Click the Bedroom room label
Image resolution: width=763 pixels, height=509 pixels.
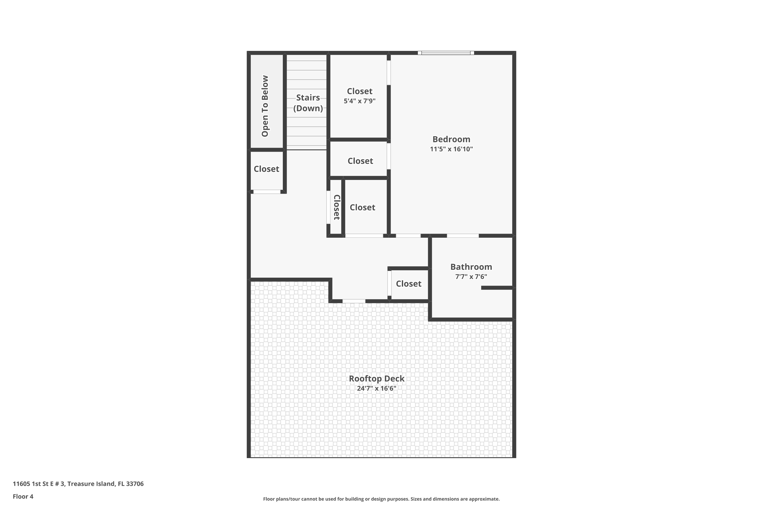[451, 139]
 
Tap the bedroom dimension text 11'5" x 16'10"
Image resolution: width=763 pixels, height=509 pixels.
[451, 149]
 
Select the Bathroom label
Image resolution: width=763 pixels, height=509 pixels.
[471, 267]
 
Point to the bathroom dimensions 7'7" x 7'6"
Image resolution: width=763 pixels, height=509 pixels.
[471, 277]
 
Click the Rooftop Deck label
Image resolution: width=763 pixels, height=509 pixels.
[376, 378]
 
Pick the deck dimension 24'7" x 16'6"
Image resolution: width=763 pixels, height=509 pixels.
[376, 388]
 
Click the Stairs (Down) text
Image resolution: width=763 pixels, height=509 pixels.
[308, 103]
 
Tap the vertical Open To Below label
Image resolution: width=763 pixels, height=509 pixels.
[265, 106]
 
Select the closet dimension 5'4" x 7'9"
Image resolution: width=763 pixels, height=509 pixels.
[359, 101]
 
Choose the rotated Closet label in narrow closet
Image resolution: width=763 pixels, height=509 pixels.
[337, 207]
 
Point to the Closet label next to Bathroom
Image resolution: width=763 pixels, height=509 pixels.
[408, 284]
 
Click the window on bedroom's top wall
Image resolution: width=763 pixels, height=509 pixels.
[446, 53]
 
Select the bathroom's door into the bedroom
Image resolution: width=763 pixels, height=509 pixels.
[463, 236]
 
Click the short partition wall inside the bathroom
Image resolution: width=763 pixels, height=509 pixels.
[496, 288]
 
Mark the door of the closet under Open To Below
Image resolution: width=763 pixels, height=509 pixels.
[267, 192]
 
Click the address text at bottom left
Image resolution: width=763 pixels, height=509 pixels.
[78, 484]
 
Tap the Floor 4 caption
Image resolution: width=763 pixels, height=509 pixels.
[23, 496]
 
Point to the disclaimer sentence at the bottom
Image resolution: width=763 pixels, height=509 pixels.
[381, 499]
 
